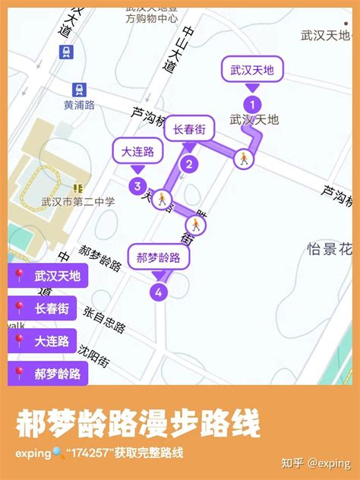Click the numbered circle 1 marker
pos(252,104)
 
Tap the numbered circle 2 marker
pos(188,163)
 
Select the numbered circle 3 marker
pos(137,185)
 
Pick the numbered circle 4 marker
pos(159,291)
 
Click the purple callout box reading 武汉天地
pos(252,71)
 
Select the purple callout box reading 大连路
pos(137,152)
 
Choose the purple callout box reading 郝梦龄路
pos(159,257)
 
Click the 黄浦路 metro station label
pos(80,106)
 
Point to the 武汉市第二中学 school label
pos(78,201)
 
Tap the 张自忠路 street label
pos(104,320)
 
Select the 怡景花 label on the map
pos(330,248)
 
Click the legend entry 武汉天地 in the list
pos(48,276)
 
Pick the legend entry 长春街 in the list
pos(48,308)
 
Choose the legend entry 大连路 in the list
pos(48,341)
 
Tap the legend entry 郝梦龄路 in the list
pos(48,373)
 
